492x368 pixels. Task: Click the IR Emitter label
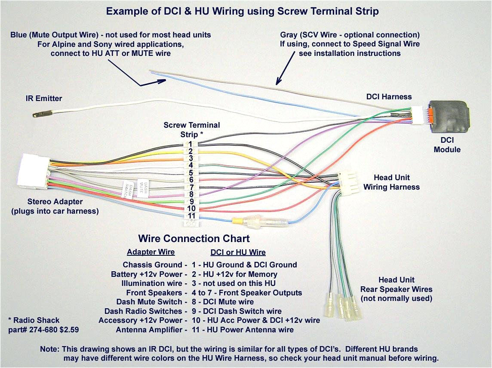click(x=43, y=98)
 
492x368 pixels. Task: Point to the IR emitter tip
click(x=36, y=115)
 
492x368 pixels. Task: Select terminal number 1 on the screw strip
click(x=190, y=144)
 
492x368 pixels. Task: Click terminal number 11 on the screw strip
click(x=191, y=216)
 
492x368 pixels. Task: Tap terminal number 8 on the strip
click(x=191, y=194)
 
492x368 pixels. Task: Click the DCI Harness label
click(x=389, y=97)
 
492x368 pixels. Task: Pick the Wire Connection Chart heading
click(x=194, y=239)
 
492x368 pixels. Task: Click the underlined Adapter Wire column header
click(x=151, y=252)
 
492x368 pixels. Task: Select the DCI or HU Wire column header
click(x=238, y=252)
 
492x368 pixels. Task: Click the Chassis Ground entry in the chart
click(x=153, y=265)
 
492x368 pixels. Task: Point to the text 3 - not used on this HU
click(x=234, y=283)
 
